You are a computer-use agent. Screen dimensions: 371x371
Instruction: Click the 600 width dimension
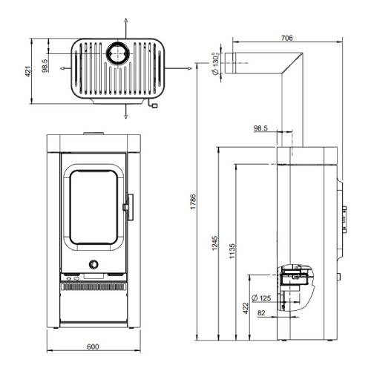(x=93, y=347)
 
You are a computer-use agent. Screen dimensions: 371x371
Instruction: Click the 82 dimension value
(x=260, y=313)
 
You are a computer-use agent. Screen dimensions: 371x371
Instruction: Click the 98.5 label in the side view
(x=261, y=128)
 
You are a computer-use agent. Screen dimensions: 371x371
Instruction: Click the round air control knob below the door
(x=93, y=265)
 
